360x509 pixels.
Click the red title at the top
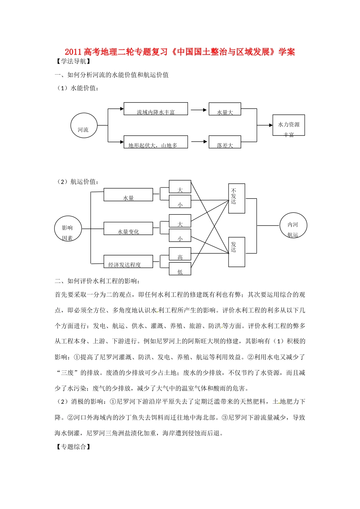coord(180,52)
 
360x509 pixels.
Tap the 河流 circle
coord(84,126)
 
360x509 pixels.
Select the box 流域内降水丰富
coord(156,109)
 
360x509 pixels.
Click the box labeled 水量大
coord(225,109)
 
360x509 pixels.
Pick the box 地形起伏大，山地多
coord(156,142)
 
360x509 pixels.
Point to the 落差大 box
coord(225,142)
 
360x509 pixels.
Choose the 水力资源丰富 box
coord(289,125)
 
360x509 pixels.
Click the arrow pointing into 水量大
coord(199,110)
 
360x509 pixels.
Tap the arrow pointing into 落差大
coord(199,142)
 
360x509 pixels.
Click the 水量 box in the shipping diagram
coord(128,195)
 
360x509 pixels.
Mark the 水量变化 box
coord(128,228)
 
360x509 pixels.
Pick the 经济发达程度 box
coord(128,261)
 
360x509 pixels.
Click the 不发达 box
coord(237,198)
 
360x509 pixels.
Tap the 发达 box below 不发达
coord(237,252)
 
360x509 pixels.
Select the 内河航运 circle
coord(293,226)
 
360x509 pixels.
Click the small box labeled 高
coord(180,254)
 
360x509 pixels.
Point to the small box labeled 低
coord(180,269)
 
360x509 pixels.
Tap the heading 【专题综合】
coord(73,447)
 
